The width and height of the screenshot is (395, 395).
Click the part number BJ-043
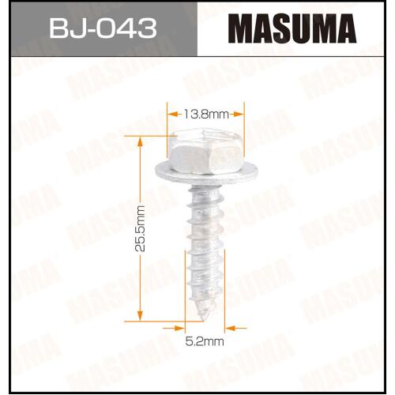point(103,28)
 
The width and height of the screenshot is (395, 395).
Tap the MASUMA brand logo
point(292,28)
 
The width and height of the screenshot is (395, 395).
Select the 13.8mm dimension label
point(205,115)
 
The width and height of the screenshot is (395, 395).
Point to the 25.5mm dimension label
point(140,228)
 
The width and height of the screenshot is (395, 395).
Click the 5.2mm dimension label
point(205,342)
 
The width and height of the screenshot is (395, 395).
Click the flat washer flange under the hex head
point(206,175)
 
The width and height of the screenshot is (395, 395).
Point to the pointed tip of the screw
point(203,321)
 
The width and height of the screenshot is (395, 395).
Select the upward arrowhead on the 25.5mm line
point(140,141)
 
